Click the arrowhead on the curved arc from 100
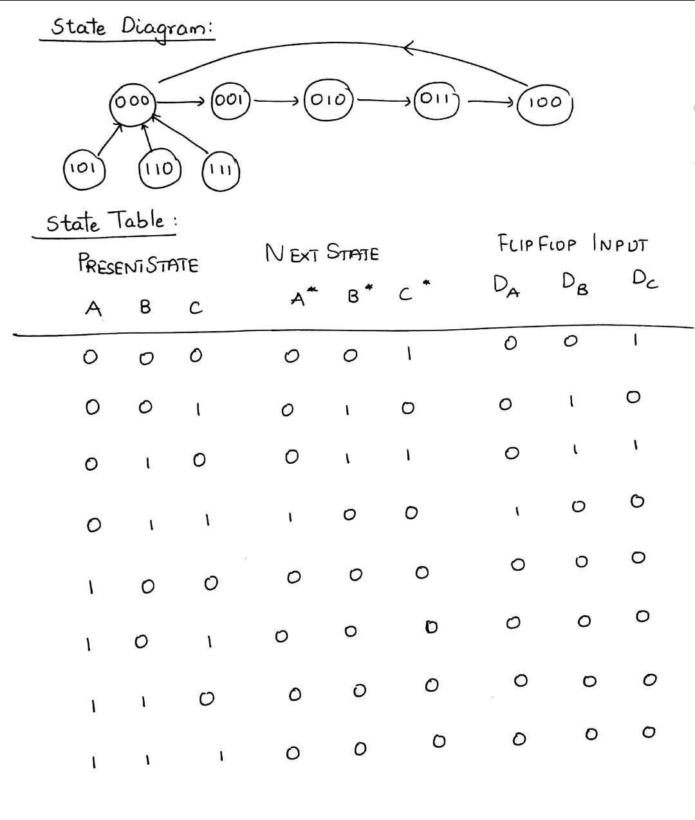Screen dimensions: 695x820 coord(408,48)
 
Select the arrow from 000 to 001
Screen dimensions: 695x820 coord(180,102)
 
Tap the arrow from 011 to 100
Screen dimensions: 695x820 coord(490,102)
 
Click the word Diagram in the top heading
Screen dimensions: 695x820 coord(167,28)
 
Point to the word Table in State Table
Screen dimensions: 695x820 coord(136,220)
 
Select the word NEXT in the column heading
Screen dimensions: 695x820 coord(292,253)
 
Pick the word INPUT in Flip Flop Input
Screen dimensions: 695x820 coord(620,243)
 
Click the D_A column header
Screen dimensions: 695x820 coord(506,285)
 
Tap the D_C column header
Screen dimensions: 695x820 coord(645,280)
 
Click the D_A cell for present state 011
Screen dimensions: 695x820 coord(517,511)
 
